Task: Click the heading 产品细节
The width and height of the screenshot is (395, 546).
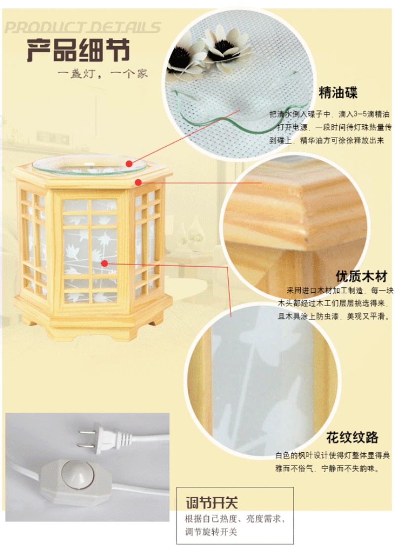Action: pyautogui.click(x=79, y=50)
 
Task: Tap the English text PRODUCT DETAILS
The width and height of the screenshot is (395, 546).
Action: pyautogui.click(x=83, y=28)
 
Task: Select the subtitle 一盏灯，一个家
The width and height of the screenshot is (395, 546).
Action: pyautogui.click(x=103, y=74)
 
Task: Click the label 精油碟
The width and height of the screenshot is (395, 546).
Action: pyautogui.click(x=338, y=93)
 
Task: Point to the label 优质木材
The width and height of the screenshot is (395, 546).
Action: pyautogui.click(x=361, y=276)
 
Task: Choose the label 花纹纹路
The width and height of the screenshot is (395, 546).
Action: pyautogui.click(x=352, y=437)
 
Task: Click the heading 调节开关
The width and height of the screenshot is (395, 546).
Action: pyautogui.click(x=212, y=503)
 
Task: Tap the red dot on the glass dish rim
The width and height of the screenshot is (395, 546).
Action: pyautogui.click(x=129, y=164)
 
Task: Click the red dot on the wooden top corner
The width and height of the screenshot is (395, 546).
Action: pyautogui.click(x=138, y=182)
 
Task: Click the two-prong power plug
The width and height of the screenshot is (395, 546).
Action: pyautogui.click(x=105, y=440)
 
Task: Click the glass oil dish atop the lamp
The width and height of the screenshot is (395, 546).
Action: pyautogui.click(x=89, y=165)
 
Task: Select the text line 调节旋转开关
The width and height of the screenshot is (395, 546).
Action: pyautogui.click(x=211, y=532)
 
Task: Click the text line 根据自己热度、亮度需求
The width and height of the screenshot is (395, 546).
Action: pyautogui.click(x=235, y=519)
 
